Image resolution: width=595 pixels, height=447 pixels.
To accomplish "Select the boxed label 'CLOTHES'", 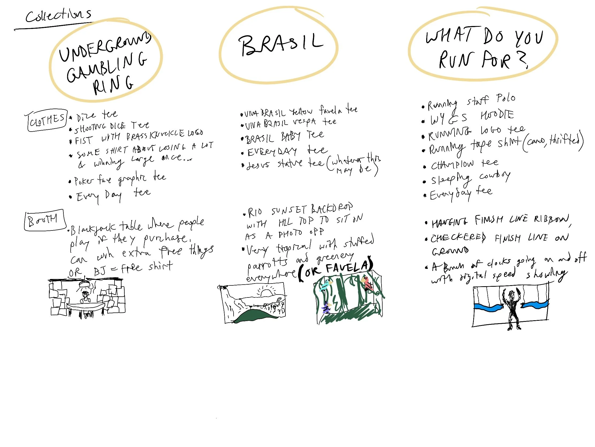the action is (47, 120).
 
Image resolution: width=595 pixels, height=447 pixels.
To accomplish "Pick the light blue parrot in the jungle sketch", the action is (326, 285).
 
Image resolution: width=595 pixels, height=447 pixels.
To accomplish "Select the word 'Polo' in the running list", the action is (506, 98).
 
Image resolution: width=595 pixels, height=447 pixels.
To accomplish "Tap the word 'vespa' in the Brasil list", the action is (304, 122).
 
